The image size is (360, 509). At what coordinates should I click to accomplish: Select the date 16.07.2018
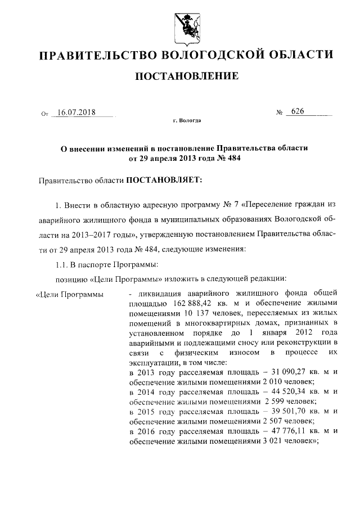click(77, 112)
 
